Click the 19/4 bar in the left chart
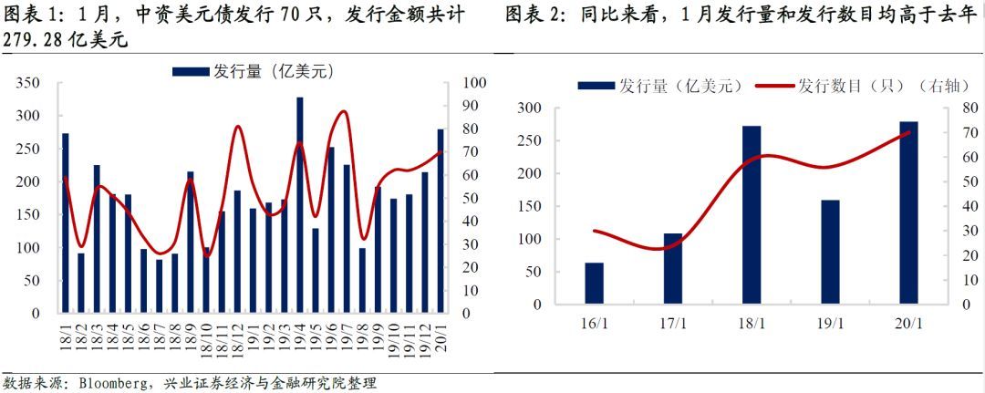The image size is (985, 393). pyautogui.click(x=300, y=204)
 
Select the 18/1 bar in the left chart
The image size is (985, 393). pyautogui.click(x=66, y=222)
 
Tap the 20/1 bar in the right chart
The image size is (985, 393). pyautogui.click(x=908, y=212)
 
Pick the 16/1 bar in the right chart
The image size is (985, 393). pyautogui.click(x=595, y=284)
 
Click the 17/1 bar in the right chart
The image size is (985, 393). pyautogui.click(x=673, y=269)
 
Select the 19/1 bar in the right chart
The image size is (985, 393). pyautogui.click(x=830, y=253)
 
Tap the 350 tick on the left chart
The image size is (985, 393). pyautogui.click(x=29, y=84)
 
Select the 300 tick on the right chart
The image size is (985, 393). pyautogui.click(x=529, y=109)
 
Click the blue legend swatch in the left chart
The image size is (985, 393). pyautogui.click(x=191, y=71)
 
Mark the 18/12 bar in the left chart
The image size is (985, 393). pyautogui.click(x=237, y=251)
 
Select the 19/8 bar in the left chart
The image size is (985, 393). pyautogui.click(x=362, y=280)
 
